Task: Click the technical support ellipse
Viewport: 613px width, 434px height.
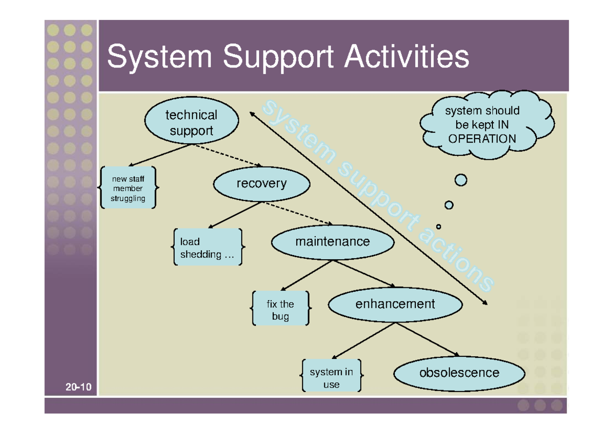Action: pyautogui.click(x=192, y=123)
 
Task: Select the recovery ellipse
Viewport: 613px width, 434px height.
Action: pyautogui.click(x=261, y=184)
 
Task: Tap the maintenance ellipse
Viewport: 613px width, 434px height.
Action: pyautogui.click(x=333, y=241)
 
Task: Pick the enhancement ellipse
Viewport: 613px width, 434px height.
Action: pyautogui.click(x=395, y=304)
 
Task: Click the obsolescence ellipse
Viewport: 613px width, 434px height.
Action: pyautogui.click(x=459, y=373)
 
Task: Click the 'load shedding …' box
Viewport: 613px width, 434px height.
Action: pyautogui.click(x=207, y=247)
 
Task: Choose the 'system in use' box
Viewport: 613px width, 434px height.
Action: pyautogui.click(x=331, y=378)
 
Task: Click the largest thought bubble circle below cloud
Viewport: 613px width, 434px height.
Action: pyautogui.click(x=461, y=180)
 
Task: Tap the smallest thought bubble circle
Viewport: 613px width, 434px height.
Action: pyautogui.click(x=438, y=226)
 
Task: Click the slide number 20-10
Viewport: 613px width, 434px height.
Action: pyautogui.click(x=78, y=387)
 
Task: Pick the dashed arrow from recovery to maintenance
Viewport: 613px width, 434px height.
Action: pyautogui.click(x=298, y=214)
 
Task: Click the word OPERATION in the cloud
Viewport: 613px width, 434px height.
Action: pyautogui.click(x=482, y=139)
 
